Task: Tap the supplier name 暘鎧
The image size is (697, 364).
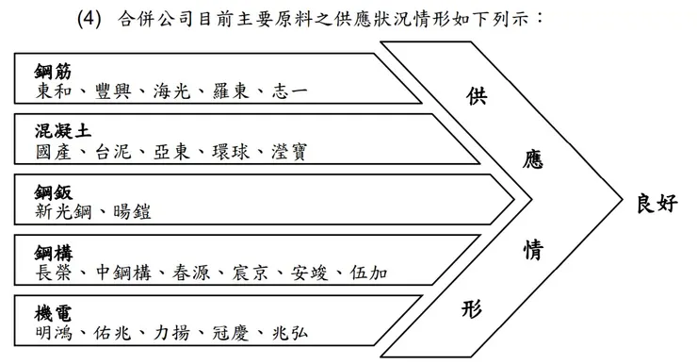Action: point(129,211)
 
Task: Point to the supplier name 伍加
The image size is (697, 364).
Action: point(365,273)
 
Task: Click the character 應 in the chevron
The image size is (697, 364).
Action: point(533,161)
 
